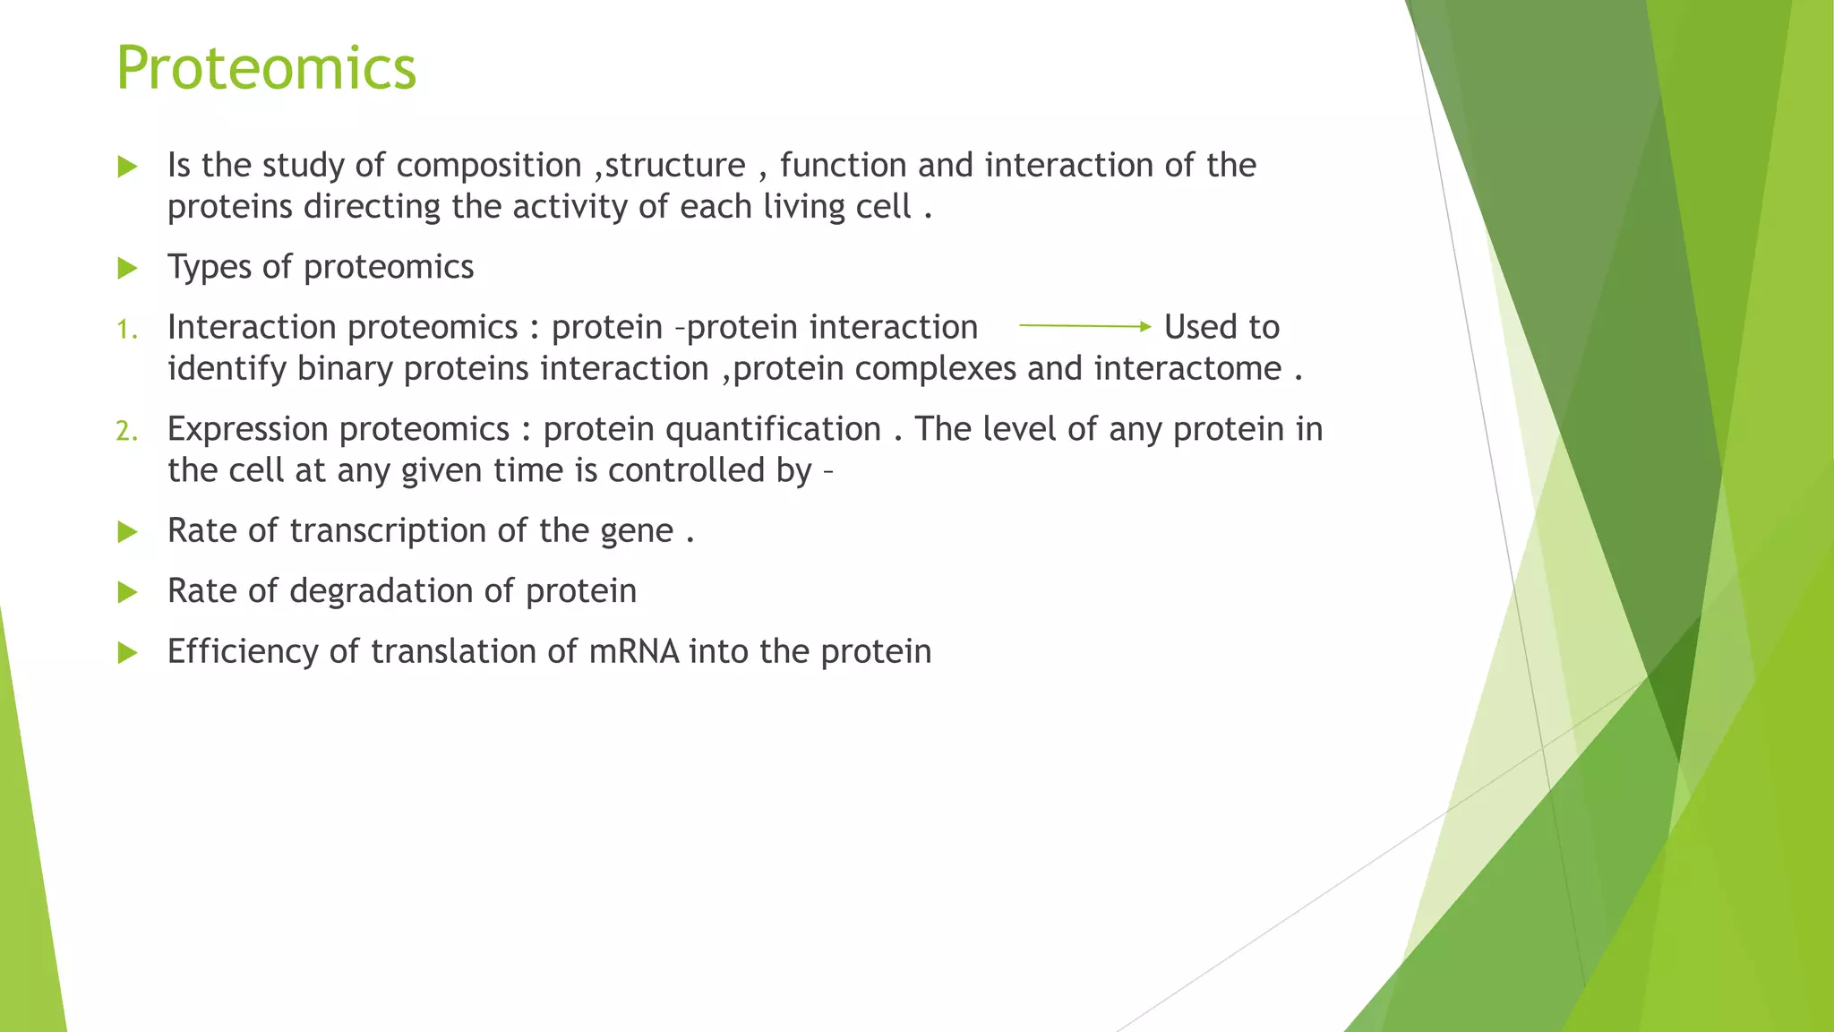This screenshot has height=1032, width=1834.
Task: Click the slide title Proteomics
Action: (x=266, y=69)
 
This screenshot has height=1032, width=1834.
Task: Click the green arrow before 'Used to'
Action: (x=1084, y=327)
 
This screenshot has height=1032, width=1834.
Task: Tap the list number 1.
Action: (x=126, y=331)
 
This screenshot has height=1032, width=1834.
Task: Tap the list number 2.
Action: (x=126, y=432)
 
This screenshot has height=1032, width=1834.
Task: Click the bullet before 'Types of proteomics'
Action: (x=127, y=268)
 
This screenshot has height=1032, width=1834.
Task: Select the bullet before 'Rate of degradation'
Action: (x=127, y=592)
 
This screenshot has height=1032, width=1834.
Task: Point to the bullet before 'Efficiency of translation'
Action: (x=127, y=652)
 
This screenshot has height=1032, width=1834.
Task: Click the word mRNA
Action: (x=634, y=651)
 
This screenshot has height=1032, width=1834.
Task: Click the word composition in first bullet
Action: (x=489, y=167)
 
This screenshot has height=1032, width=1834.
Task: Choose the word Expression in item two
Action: (x=248, y=430)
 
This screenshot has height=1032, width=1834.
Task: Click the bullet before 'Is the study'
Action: (x=127, y=167)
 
